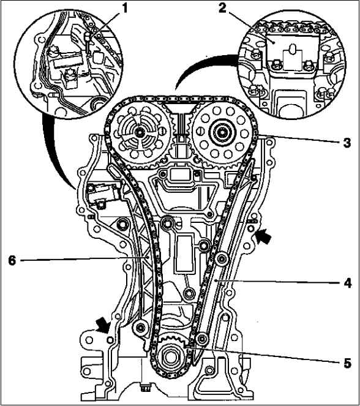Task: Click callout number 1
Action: click(x=124, y=9)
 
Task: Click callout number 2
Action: click(x=222, y=8)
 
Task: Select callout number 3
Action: click(x=347, y=143)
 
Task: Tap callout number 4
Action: click(x=348, y=283)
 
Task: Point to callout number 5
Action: click(x=347, y=363)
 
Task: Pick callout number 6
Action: click(x=12, y=260)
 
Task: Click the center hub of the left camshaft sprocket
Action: click(x=140, y=132)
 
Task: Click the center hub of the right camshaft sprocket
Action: click(x=222, y=133)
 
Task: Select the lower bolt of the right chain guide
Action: click(x=202, y=339)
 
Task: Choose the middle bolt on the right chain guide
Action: click(x=222, y=258)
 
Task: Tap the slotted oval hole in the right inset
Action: click(x=293, y=49)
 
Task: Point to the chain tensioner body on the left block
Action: click(x=103, y=193)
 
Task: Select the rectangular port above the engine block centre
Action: click(x=180, y=175)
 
